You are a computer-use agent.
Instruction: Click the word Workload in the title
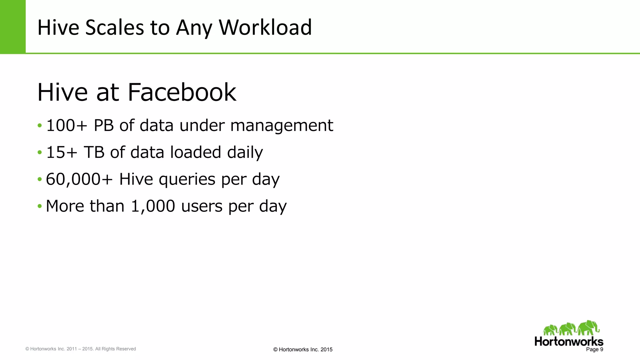click(265, 27)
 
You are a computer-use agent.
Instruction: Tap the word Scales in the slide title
click(114, 27)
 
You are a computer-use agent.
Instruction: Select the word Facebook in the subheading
click(182, 92)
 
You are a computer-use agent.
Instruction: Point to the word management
click(282, 126)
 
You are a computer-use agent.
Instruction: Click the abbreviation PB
click(104, 126)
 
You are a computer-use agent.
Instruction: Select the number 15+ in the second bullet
click(62, 152)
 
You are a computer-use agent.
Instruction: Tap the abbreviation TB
click(94, 152)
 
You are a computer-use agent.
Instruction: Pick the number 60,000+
click(79, 179)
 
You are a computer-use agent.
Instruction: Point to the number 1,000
click(153, 206)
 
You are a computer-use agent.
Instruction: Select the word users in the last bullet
click(202, 206)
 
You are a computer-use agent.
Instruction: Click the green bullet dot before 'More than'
click(39, 206)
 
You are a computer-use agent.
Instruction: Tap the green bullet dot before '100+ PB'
click(39, 126)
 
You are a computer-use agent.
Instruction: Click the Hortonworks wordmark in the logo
click(569, 341)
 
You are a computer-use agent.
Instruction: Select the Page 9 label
click(594, 349)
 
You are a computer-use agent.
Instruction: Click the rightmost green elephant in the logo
click(588, 327)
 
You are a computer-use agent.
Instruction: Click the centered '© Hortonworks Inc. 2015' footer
click(303, 349)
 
